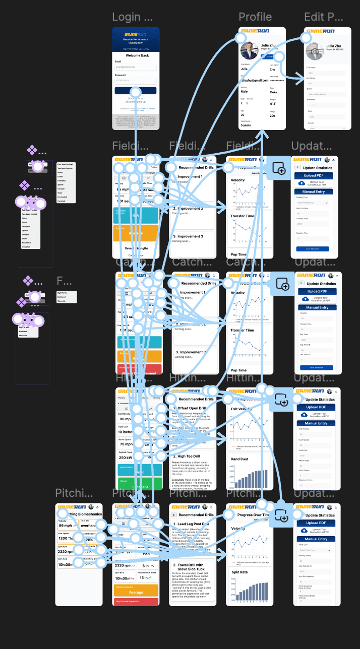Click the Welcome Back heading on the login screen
(x=135, y=55)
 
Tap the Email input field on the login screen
(x=135, y=67)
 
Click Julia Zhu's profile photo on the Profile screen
(x=250, y=51)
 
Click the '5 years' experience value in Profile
(x=246, y=125)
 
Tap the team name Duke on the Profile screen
(x=274, y=91)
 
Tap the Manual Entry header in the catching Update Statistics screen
(x=317, y=307)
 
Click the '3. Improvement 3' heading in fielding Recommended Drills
(x=188, y=236)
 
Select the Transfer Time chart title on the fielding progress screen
(x=243, y=216)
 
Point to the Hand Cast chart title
(x=240, y=459)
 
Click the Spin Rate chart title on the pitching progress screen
(x=240, y=572)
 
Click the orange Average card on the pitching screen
(x=136, y=593)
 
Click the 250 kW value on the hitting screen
(x=126, y=458)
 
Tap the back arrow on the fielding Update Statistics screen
(x=297, y=167)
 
